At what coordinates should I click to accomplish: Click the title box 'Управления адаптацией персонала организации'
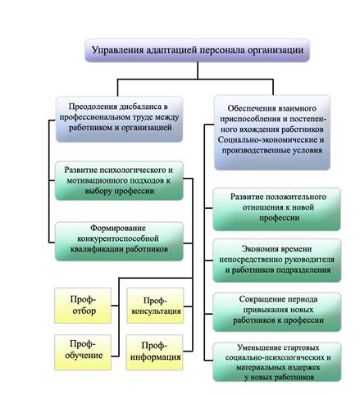pos(197,50)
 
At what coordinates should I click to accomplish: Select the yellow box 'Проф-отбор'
pos(83,306)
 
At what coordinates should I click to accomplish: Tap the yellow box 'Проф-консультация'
pos(156,306)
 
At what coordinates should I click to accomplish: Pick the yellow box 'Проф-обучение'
pos(83,352)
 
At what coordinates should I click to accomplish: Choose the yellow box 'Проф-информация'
pos(155,352)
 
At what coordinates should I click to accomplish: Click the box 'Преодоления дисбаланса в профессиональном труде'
pos(119,119)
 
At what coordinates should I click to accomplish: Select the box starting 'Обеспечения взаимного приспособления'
pos(272,133)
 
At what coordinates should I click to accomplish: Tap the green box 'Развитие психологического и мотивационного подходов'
pos(119,180)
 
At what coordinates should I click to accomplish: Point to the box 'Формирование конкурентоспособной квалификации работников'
pos(119,241)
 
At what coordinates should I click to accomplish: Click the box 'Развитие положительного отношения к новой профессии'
pos(277,209)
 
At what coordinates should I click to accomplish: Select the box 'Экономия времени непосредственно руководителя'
pos(277,261)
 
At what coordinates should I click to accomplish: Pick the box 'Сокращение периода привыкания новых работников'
pos(277,311)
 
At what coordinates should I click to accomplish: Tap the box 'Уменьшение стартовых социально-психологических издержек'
pos(277,361)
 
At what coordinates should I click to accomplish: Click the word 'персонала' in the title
pos(221,51)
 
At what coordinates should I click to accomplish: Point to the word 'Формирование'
pos(118,228)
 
